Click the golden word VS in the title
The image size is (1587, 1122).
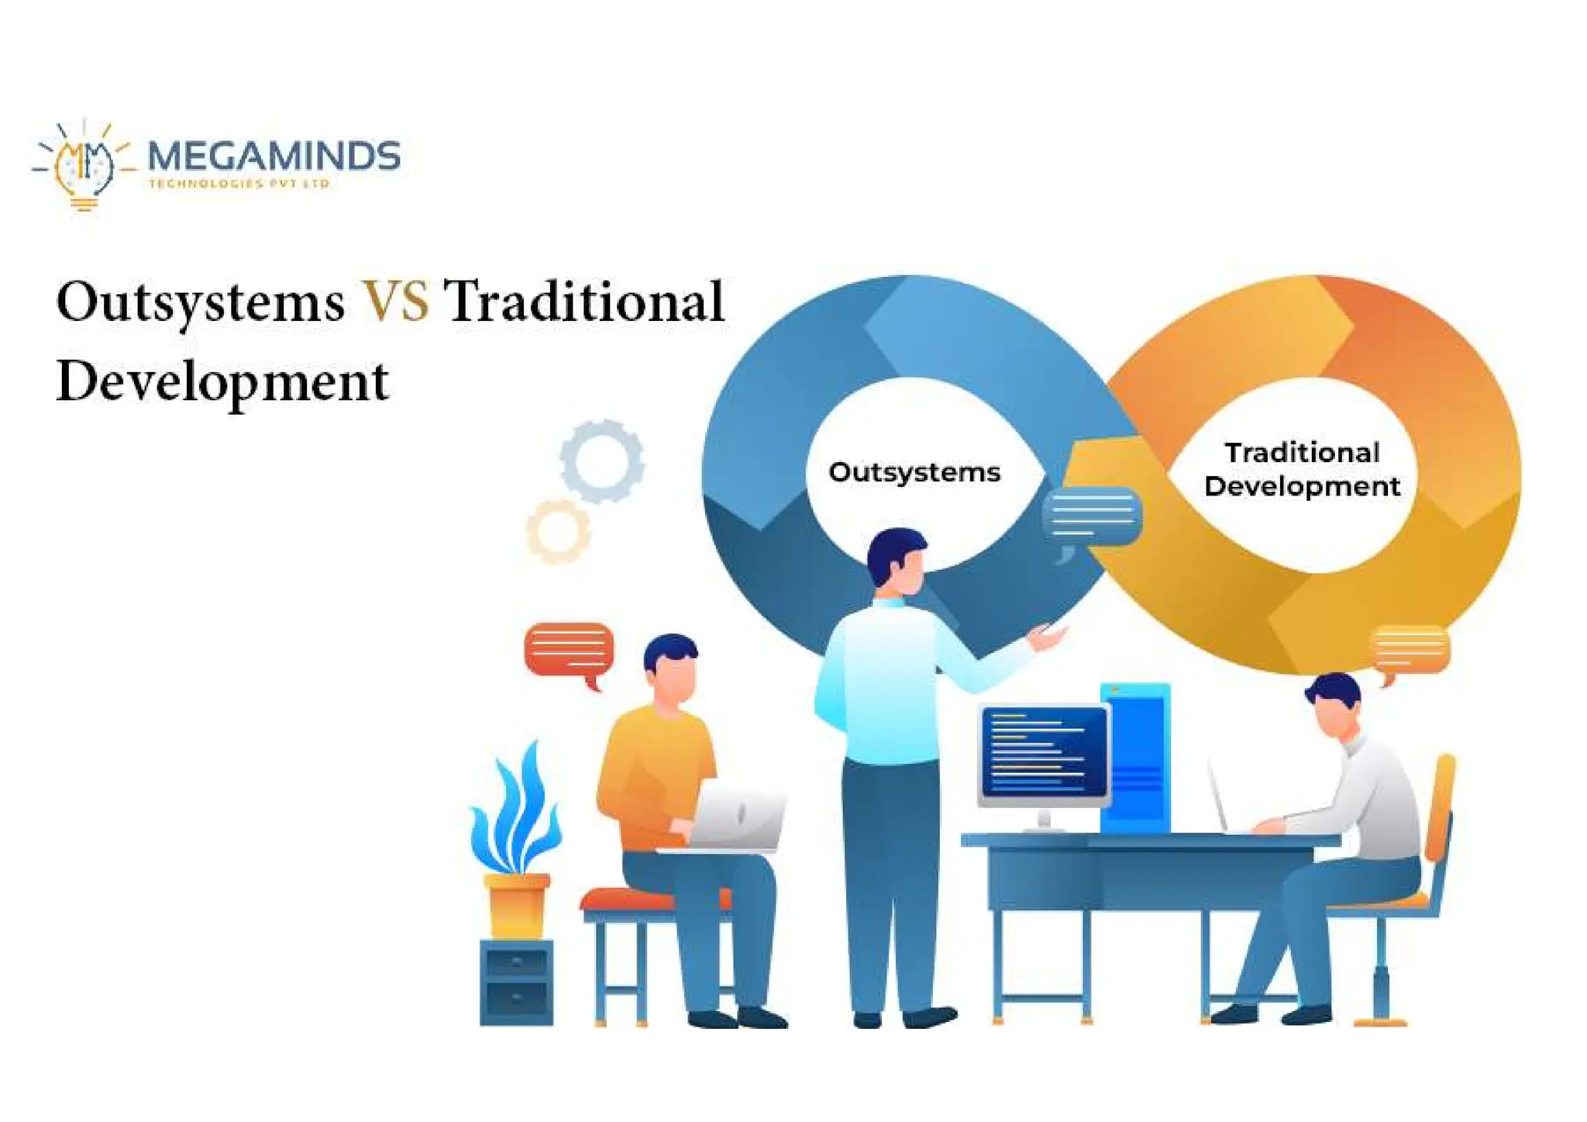point(395,301)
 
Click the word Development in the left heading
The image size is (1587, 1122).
point(222,382)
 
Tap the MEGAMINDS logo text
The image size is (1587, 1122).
point(273,157)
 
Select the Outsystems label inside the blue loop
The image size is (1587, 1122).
point(914,472)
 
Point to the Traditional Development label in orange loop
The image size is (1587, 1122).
point(1302,469)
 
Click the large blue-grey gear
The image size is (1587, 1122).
point(602,461)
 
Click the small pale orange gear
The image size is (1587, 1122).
point(558,532)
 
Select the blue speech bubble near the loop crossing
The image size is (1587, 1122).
point(1092,516)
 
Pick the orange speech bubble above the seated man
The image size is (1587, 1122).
point(1410,650)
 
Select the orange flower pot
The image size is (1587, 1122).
point(516,905)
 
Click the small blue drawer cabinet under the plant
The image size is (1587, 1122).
point(517,982)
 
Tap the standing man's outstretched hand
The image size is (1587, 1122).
point(1047,637)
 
